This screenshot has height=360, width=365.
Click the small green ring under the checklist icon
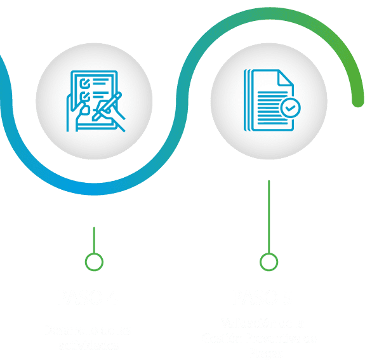(94, 261)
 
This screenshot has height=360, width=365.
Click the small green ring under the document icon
(269, 261)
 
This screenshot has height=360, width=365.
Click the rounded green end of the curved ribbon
(358, 99)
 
